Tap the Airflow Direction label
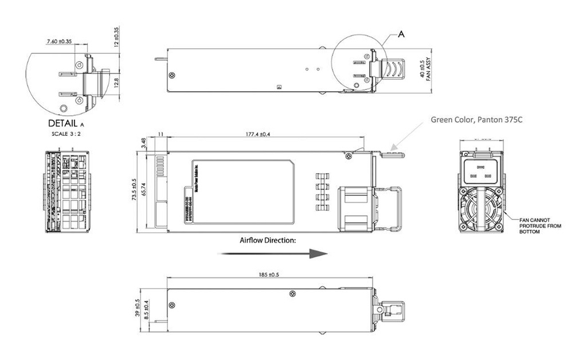point(268,240)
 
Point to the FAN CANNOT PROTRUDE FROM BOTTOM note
point(540,226)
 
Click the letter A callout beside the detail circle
point(401,34)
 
